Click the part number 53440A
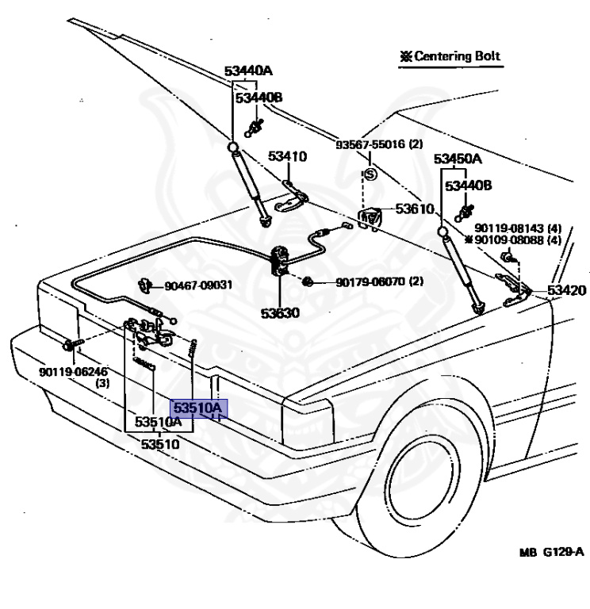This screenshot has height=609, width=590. tap(248, 71)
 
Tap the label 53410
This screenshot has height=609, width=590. tap(287, 156)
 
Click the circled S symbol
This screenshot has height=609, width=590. tap(370, 174)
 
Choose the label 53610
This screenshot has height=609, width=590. tap(415, 209)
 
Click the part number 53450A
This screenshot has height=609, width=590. tap(458, 159)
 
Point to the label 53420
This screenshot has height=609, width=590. tap(566, 290)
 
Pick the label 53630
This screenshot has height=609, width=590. tap(280, 313)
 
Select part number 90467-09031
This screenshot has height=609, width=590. tap(198, 285)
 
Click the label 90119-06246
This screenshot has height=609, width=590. tap(74, 372)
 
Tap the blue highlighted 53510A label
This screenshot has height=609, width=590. tap(199, 408)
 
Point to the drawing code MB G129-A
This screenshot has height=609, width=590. tap(552, 552)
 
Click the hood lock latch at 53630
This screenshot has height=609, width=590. tap(280, 261)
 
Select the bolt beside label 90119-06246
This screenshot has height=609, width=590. tap(73, 344)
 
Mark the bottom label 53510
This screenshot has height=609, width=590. tap(160, 444)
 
